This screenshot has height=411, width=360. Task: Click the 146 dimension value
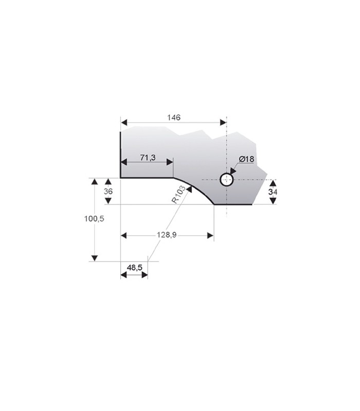pos(173,118)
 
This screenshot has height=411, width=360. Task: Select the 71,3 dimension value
pos(147,157)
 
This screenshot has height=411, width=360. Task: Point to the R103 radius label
pos(178,194)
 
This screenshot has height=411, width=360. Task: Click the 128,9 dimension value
pos(167,235)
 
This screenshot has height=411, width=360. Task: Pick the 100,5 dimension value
pos(94,218)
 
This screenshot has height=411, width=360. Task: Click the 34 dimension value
pos(273,192)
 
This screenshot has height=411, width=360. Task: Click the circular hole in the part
pos(226,180)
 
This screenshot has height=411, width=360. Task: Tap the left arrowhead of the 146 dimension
pos(123,122)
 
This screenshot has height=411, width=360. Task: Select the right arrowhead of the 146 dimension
pos(223,122)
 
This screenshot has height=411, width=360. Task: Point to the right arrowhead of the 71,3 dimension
pos(170,162)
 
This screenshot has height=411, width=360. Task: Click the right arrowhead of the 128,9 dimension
pos(210,235)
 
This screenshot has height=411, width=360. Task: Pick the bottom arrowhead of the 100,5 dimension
pos(94,258)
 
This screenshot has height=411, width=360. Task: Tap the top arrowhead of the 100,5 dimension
pos(94,181)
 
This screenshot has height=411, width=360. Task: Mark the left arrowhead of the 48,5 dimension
pos(123,275)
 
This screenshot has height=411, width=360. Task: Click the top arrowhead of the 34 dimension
pos(273,183)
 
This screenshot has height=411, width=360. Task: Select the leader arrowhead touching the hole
pos(233,171)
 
